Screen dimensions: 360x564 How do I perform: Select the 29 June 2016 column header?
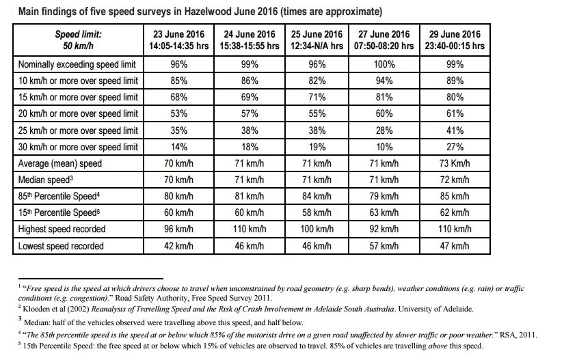tap(455, 40)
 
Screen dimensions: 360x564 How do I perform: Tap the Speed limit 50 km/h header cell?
tap(78, 40)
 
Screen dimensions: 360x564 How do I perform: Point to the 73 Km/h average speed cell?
tap(455, 163)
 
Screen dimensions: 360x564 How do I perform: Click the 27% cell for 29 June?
tap(455, 147)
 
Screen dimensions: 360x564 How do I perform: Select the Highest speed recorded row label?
tap(62, 230)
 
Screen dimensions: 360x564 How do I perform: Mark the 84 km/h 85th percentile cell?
tap(317, 197)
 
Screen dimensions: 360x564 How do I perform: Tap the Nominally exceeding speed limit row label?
tap(78, 64)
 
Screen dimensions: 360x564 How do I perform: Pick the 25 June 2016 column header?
tap(317, 40)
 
